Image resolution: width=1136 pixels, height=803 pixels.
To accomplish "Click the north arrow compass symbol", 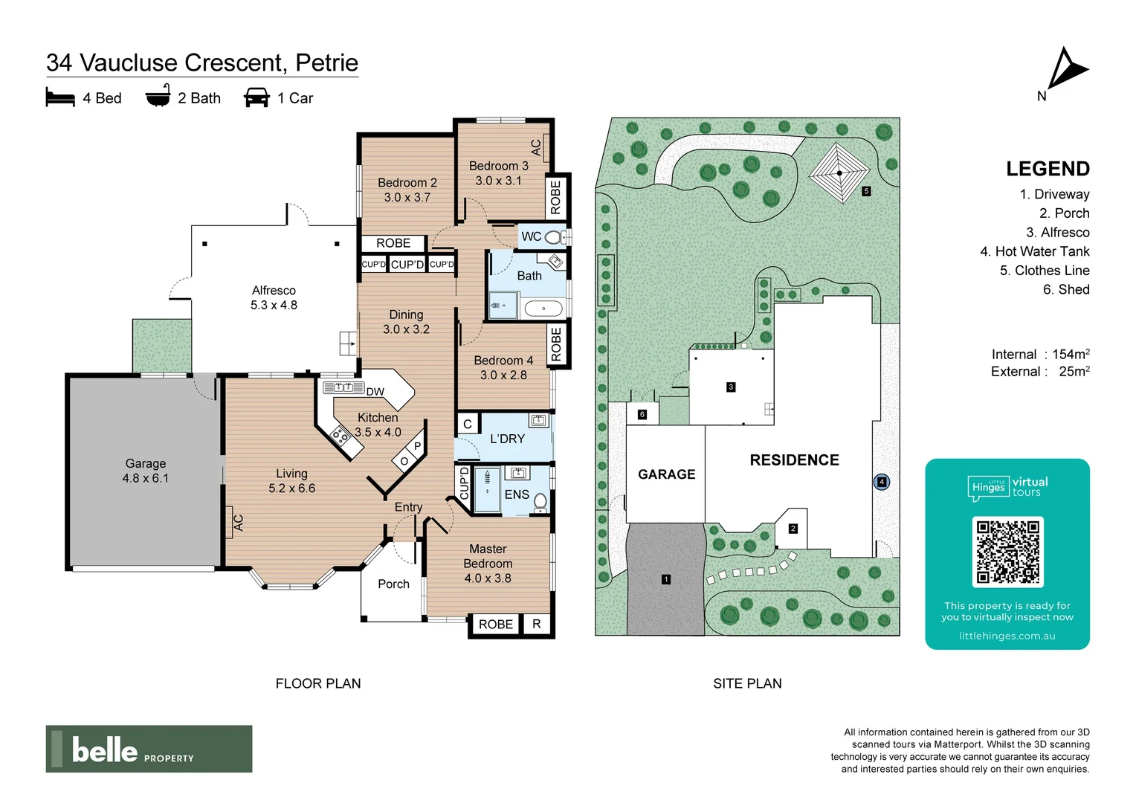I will pos(1067,70).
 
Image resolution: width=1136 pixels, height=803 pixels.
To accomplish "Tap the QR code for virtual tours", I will pos(1007,552).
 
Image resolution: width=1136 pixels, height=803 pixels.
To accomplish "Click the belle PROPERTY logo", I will pos(149,749).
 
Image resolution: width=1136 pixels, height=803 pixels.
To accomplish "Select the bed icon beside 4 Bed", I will pos(60,98).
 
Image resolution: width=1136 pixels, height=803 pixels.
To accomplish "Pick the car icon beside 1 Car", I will pos(256,98).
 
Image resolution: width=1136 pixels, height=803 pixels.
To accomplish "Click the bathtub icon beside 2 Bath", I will pos(158,97).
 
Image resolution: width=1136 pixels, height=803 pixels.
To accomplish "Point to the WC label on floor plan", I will pos(531,236).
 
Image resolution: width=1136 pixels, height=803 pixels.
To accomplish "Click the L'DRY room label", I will pos(507,439).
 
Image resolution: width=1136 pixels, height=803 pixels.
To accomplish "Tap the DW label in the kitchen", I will pos(375,392).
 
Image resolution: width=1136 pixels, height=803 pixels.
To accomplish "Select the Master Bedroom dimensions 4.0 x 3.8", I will pos(488,578).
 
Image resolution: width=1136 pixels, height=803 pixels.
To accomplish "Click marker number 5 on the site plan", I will pos(866,191).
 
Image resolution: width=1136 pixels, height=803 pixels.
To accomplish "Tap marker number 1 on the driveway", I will pos(666,579).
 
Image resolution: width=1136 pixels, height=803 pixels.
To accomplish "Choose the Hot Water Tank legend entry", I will pos(1034,251).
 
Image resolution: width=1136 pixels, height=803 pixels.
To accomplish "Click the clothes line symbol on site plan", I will pos(839,173).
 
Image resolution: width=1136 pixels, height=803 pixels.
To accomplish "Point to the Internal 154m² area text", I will pos(1040,354).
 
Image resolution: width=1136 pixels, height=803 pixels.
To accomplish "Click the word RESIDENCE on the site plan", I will pos(794,460).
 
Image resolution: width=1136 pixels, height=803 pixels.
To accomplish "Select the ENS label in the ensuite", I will pos(517,494).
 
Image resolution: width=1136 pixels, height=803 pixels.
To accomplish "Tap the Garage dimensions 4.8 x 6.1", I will pos(146,478).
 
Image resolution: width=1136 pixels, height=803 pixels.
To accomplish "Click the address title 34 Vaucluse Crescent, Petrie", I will pos(202,62).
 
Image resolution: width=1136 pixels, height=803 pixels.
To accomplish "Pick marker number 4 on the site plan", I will pos(882,482).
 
